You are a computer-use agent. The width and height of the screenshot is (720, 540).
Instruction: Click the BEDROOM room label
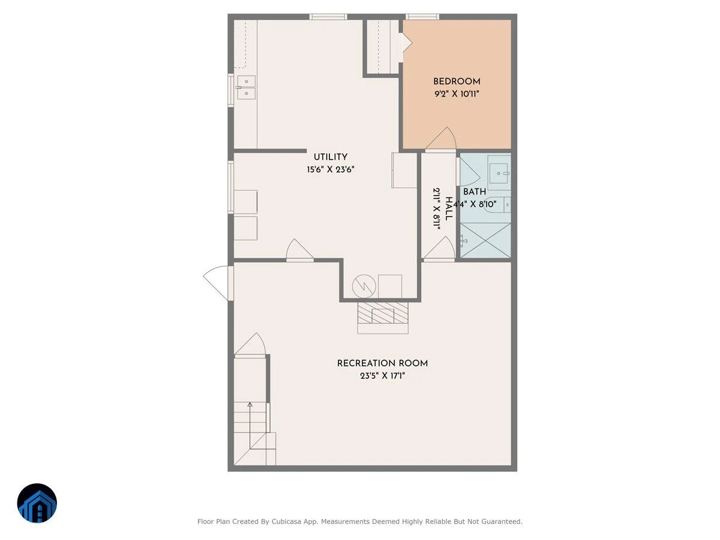[x=457, y=82]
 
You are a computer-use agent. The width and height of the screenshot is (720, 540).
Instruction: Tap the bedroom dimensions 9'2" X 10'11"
[x=457, y=94]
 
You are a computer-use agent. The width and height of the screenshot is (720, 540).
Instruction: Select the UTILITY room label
[x=331, y=157]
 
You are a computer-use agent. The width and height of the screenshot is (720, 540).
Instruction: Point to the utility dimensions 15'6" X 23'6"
[x=331, y=170]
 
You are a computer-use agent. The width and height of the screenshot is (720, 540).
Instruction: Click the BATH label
[x=475, y=192]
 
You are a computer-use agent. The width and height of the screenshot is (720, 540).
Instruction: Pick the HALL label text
[x=449, y=209]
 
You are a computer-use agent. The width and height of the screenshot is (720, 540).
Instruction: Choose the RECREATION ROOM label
[x=382, y=363]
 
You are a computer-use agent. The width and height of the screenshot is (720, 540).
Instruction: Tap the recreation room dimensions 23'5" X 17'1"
[x=382, y=376]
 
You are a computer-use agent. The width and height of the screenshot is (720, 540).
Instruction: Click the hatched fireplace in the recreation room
[x=383, y=313]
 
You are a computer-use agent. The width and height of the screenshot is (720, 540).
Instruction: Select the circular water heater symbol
[x=364, y=286]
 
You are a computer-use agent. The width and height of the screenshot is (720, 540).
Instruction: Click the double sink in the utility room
[x=247, y=87]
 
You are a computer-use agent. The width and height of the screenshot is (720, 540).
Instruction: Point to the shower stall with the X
[x=485, y=240]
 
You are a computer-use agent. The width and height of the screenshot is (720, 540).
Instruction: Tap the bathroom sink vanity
[x=499, y=173]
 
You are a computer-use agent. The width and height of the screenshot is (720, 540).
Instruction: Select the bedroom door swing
[x=441, y=139]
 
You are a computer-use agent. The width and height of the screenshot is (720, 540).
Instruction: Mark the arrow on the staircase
[x=250, y=425]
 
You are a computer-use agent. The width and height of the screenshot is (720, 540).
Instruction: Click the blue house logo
[x=37, y=503]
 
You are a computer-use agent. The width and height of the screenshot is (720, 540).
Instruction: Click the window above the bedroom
[x=422, y=17]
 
